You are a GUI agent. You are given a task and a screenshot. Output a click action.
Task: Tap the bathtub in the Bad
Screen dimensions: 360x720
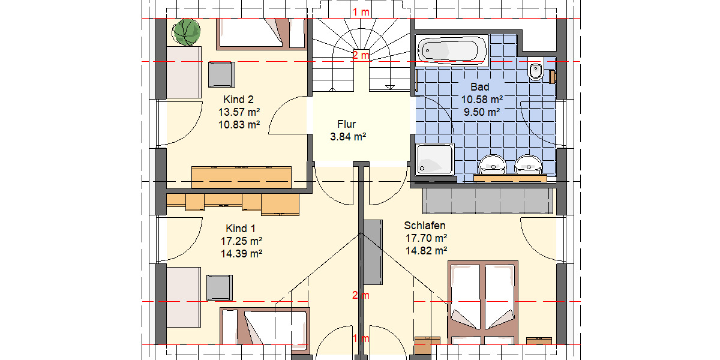[452, 50]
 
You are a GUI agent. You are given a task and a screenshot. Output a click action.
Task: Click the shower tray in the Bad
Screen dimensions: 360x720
[435, 160]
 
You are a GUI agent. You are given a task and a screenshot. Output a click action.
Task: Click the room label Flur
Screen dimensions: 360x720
[347, 124]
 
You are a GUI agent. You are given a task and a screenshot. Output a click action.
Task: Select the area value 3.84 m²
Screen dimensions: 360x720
[348, 137]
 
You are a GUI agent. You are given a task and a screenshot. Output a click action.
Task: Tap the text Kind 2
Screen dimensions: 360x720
[239, 99]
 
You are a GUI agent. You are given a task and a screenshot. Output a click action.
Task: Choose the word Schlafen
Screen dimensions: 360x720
[425, 226]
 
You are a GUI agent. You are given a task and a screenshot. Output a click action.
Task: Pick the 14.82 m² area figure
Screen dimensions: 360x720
[427, 251]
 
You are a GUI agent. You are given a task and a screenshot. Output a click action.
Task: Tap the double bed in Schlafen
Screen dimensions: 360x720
[483, 300]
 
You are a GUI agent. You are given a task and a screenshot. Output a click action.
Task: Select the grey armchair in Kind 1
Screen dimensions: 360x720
[220, 287]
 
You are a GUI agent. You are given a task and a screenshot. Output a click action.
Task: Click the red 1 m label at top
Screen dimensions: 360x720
[361, 13]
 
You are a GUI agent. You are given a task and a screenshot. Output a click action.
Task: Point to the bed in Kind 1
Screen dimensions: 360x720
[264, 327]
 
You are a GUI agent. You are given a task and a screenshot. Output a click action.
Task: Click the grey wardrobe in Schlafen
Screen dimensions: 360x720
[488, 200]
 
